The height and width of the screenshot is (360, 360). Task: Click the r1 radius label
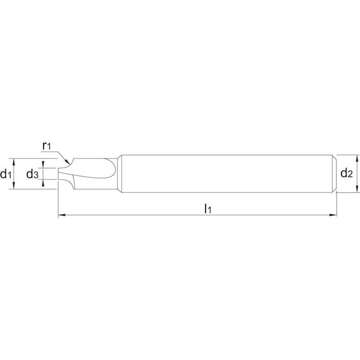click(46, 146)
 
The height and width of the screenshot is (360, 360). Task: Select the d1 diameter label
click(6, 174)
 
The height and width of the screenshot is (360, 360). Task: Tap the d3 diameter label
click(32, 174)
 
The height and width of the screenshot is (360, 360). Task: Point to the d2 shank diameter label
click(346, 173)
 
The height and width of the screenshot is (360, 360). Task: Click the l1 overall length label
click(208, 209)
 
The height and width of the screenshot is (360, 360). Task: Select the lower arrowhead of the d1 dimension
click(14, 185)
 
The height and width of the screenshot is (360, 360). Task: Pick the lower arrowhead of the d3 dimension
click(43, 183)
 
